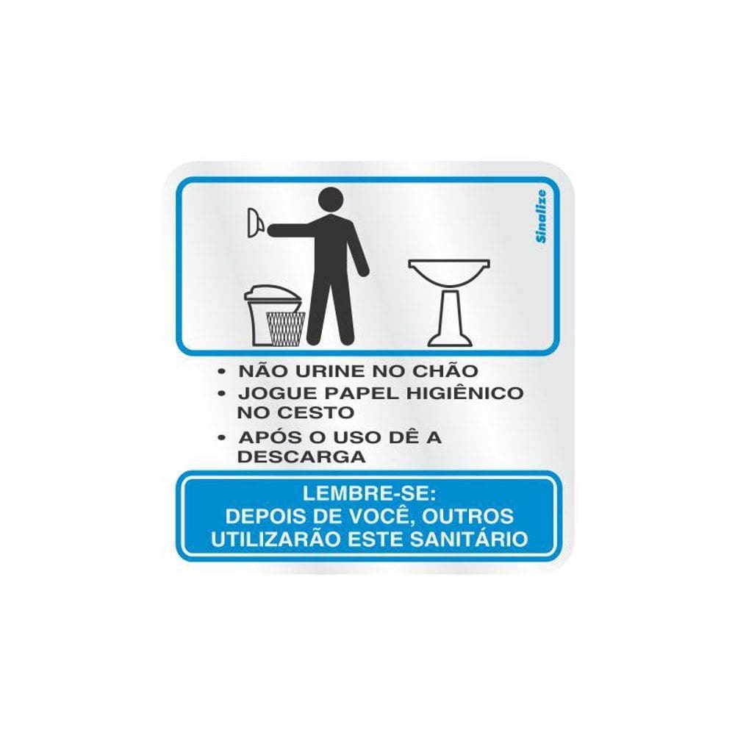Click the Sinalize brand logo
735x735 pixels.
click(x=541, y=215)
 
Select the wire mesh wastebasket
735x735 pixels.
click(x=285, y=328)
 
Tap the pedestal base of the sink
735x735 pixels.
click(x=449, y=323)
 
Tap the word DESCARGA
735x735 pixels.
click(x=301, y=456)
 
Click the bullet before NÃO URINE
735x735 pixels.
click(x=223, y=371)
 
